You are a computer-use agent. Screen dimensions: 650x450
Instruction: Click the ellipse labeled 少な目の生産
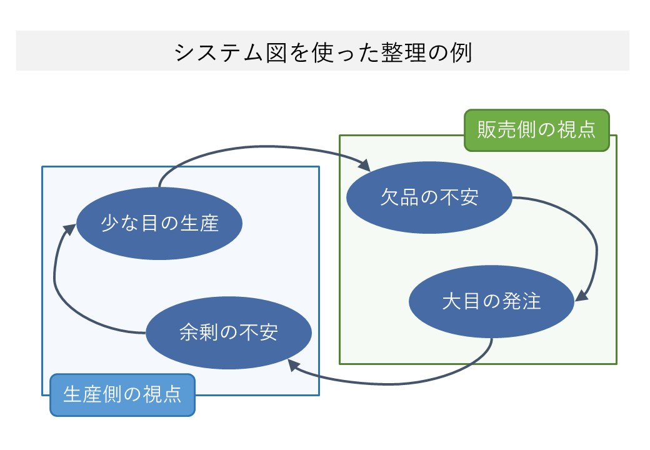[159, 223]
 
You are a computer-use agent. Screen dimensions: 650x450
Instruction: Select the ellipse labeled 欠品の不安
[429, 197]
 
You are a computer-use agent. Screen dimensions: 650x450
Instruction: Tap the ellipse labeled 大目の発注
[492, 301]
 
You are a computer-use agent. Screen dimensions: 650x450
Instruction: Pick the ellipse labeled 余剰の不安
[229, 332]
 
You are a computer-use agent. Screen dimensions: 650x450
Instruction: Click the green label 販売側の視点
[537, 130]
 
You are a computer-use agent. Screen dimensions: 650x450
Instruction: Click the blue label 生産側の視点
[122, 395]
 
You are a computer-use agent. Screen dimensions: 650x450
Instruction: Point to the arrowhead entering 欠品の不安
[364, 165]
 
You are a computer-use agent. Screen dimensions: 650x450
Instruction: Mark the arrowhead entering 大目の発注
[582, 295]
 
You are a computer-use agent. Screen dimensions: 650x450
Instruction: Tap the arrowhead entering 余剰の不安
[294, 364]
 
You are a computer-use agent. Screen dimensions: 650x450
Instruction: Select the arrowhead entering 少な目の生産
[69, 229]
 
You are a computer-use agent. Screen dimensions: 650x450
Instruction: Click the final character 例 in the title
[461, 52]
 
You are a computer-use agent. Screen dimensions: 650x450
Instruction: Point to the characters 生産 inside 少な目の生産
[199, 224]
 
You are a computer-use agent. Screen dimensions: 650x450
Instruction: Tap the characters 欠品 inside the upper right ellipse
[399, 197]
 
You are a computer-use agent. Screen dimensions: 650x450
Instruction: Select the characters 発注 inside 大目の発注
[521, 301]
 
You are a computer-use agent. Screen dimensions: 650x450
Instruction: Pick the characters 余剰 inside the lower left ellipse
[199, 332]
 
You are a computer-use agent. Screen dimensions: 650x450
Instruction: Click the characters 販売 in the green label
[497, 130]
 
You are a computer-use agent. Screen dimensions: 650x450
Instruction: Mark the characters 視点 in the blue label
[162, 395]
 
